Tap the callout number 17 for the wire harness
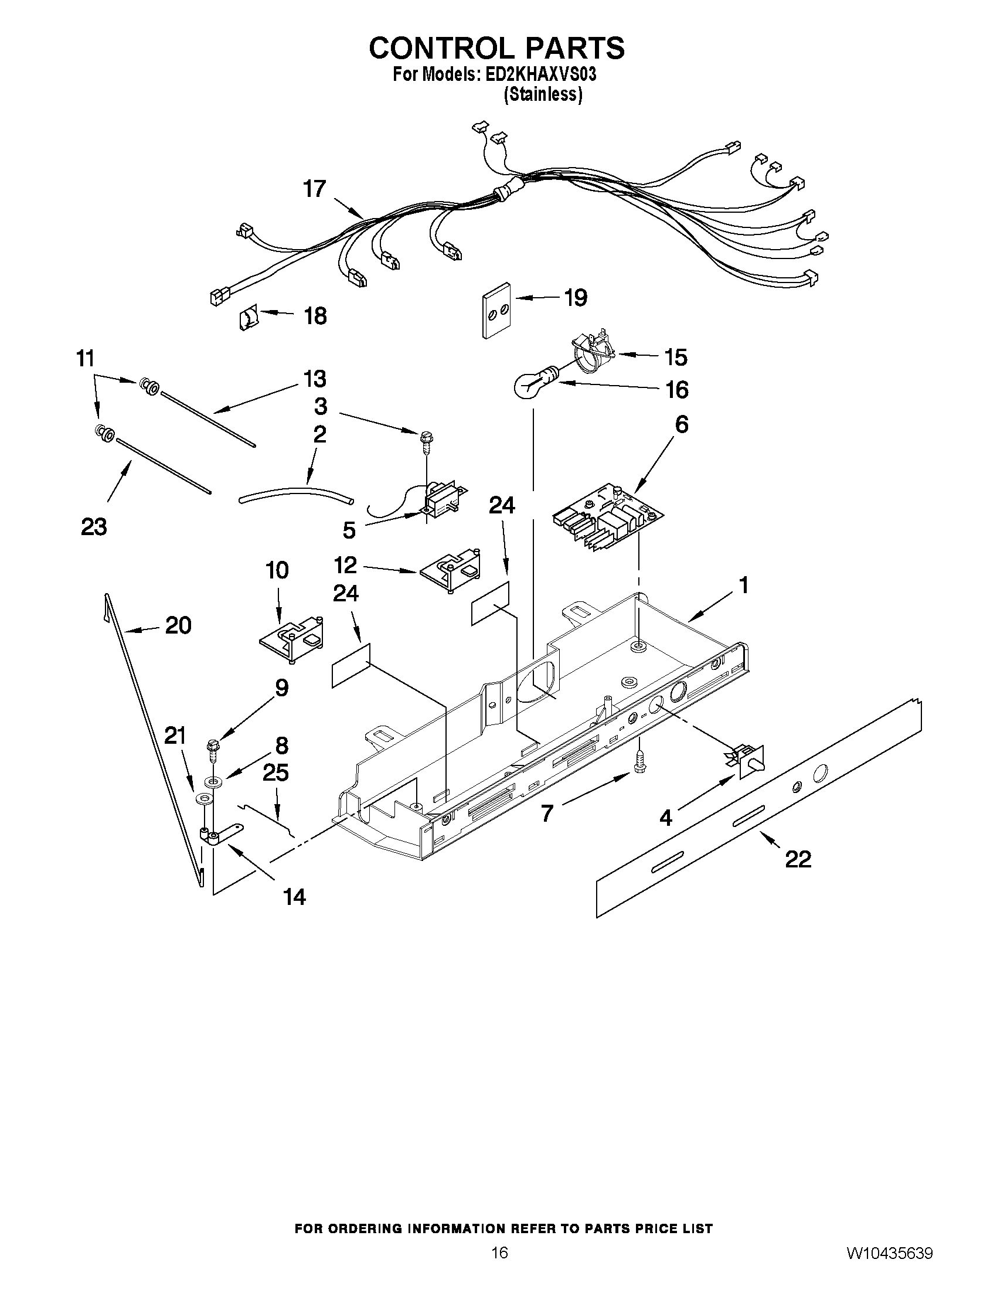(314, 189)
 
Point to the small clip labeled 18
(247, 319)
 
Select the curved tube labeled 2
(295, 491)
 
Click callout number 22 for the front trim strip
(797, 859)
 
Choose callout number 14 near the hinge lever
(294, 897)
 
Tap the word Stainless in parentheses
(543, 94)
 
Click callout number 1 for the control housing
(744, 586)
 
